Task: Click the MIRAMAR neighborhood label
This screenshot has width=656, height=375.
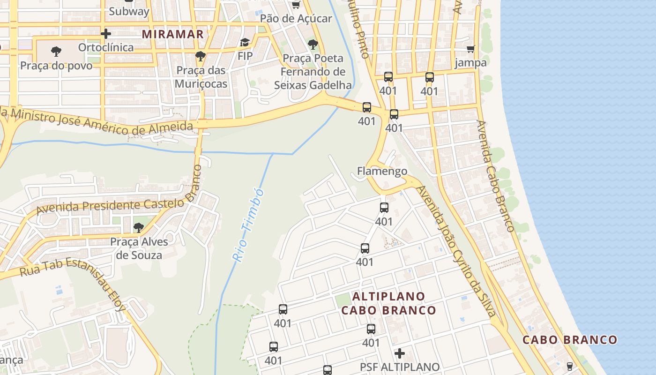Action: click(173, 34)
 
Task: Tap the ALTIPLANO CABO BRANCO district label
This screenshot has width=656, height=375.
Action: click(388, 303)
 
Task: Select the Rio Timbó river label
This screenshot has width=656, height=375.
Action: click(247, 225)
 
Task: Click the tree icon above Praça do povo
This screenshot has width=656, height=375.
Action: click(56, 51)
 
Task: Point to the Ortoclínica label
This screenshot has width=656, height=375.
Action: click(106, 47)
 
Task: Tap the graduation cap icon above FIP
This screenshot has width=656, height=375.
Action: click(245, 43)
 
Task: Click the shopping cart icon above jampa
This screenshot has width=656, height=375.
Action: click(470, 49)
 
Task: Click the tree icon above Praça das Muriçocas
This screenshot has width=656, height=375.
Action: click(201, 56)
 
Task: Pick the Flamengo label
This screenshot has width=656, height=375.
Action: click(382, 171)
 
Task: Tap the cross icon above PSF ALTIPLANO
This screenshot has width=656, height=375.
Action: click(400, 353)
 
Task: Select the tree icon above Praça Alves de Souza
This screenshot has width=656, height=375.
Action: click(138, 228)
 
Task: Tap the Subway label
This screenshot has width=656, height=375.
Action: click(129, 12)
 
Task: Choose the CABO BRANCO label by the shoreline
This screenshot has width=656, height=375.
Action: click(570, 340)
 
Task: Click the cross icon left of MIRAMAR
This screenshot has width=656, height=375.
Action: click(106, 34)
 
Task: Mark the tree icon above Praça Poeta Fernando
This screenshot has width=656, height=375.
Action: click(313, 45)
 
